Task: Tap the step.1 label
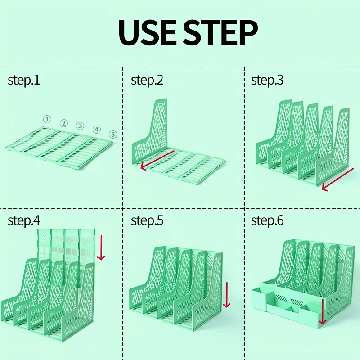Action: click(x=24, y=81)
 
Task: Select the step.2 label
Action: click(x=147, y=81)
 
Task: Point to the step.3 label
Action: click(x=267, y=81)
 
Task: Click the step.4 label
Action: click(x=24, y=221)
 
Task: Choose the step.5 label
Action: click(x=147, y=221)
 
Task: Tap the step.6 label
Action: click(x=267, y=221)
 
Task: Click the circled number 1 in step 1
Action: click(x=46, y=119)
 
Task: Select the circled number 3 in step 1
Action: click(x=80, y=126)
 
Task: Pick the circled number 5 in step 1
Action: click(x=112, y=134)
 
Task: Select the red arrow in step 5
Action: click(x=226, y=295)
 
